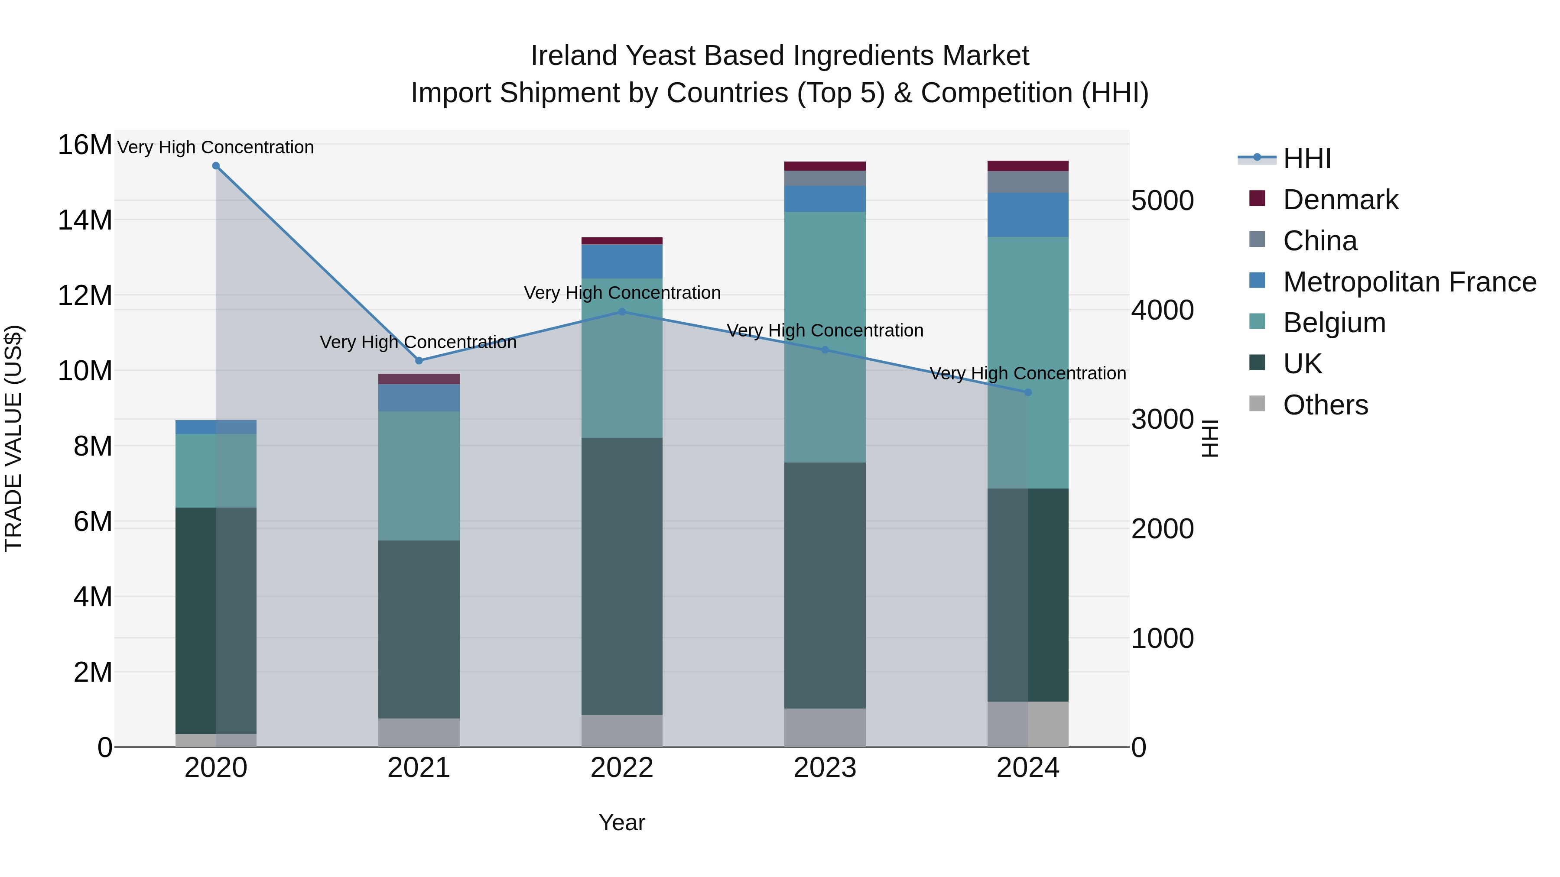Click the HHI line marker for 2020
216,166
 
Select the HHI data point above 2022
622,312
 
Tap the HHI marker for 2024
1028,392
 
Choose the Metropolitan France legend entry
1409,282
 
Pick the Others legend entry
1325,405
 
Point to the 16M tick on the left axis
85,145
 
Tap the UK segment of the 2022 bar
622,575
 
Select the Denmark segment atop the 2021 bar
419,379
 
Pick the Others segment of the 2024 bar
1028,724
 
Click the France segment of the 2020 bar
216,427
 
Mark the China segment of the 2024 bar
1028,181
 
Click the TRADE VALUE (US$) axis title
13,438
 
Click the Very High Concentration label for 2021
418,342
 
